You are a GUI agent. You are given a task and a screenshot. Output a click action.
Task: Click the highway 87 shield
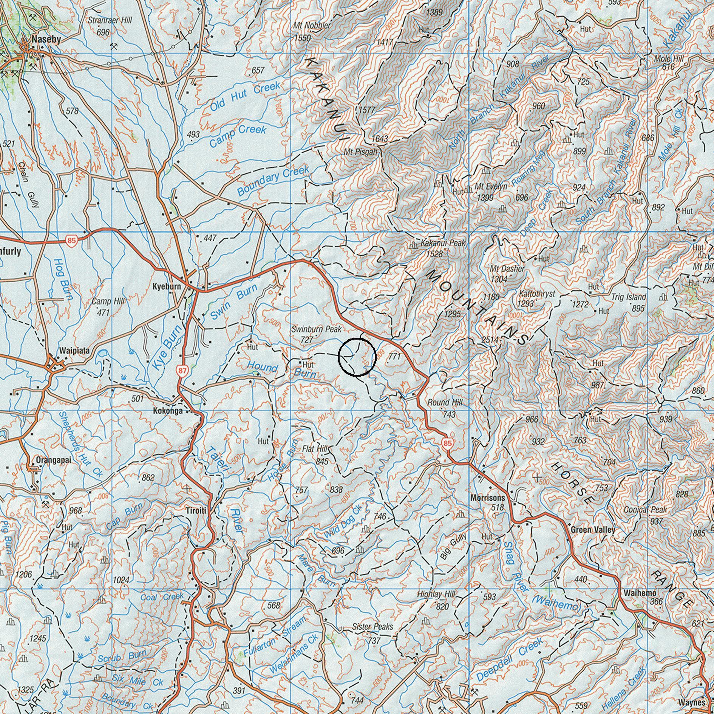click(x=183, y=371)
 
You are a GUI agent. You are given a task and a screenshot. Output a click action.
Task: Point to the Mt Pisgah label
click(x=361, y=152)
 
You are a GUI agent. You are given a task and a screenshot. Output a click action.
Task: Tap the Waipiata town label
click(x=74, y=351)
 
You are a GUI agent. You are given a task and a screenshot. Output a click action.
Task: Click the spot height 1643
click(x=380, y=139)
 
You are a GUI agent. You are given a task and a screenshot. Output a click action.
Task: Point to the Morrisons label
click(x=488, y=498)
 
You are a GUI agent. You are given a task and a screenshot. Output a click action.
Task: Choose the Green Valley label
click(x=593, y=530)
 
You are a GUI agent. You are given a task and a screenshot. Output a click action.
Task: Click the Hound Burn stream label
click(x=280, y=370)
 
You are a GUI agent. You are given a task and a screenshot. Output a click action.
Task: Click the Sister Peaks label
click(x=372, y=627)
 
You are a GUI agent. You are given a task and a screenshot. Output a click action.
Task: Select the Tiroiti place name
click(x=196, y=511)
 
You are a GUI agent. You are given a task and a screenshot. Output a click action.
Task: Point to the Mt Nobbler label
click(x=312, y=26)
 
